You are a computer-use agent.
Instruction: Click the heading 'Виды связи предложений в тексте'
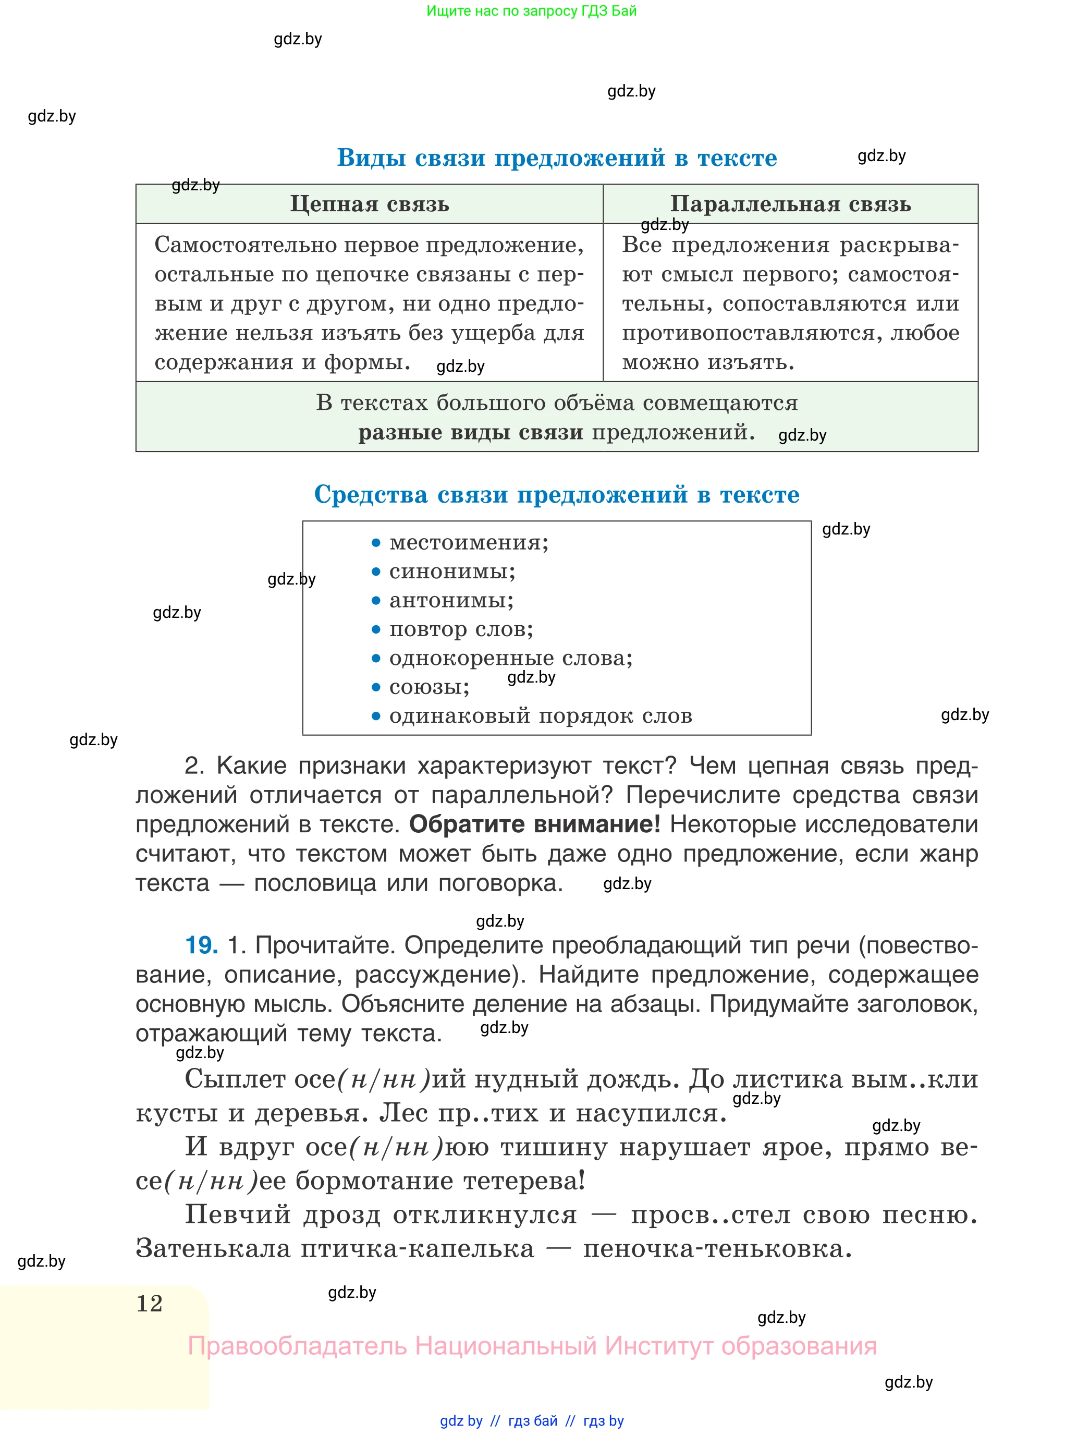(x=556, y=157)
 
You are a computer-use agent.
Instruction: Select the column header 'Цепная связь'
(x=370, y=204)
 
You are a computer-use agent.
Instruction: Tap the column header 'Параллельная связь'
(x=790, y=204)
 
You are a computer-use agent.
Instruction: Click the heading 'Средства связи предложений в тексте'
(x=556, y=494)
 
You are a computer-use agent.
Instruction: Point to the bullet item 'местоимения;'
(x=469, y=542)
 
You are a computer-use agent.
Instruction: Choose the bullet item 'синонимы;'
(x=452, y=572)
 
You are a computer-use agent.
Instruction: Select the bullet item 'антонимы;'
(x=451, y=600)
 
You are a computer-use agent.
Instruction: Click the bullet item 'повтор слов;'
(x=461, y=629)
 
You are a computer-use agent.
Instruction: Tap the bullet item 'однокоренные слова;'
(x=510, y=658)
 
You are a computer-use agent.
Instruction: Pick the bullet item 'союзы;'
(x=430, y=687)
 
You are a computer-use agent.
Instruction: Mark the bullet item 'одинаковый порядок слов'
(x=540, y=716)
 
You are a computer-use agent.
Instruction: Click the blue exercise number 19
(x=201, y=945)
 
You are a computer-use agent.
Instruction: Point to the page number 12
(x=150, y=1303)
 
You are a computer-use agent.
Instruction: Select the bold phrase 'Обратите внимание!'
(x=534, y=824)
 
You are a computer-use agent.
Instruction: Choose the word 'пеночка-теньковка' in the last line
(x=717, y=1249)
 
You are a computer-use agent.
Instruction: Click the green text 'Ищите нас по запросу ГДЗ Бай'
(x=531, y=11)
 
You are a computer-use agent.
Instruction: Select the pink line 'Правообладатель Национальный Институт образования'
(x=532, y=1346)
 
